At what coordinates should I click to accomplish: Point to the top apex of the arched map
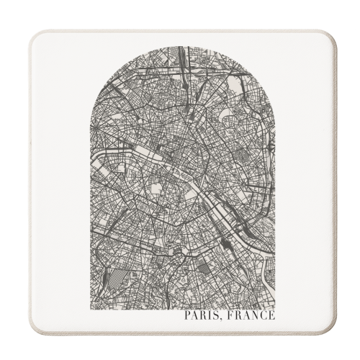183,47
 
